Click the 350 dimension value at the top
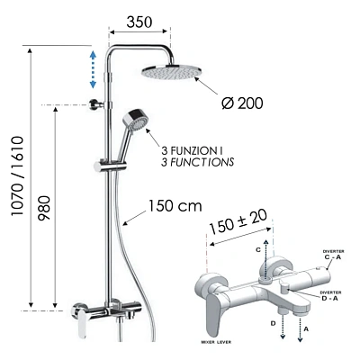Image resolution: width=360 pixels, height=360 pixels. (139, 22)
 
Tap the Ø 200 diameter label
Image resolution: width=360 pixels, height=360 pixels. (242, 103)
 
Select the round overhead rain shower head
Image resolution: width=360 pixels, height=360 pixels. (172, 72)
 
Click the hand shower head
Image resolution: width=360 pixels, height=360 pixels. (136, 120)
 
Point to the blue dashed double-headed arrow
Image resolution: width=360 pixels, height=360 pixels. (93, 69)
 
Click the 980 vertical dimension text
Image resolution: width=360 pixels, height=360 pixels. (44, 208)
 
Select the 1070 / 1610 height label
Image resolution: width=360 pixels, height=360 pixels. (17, 175)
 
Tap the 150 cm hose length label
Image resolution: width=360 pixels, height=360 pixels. (175, 206)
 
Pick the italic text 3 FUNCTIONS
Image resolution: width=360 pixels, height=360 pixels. (197, 162)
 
